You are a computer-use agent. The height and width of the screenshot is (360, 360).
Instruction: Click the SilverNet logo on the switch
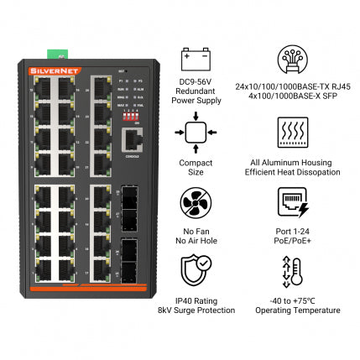click(x=48, y=71)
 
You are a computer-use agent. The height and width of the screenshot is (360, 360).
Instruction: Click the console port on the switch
click(x=131, y=140)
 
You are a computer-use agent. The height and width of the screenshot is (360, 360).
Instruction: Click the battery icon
click(x=196, y=60)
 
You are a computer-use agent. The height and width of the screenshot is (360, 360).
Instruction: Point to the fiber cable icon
click(x=292, y=60)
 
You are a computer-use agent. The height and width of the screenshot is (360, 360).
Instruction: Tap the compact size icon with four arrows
click(x=196, y=132)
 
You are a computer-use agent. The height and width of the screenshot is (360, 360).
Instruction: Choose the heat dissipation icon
click(x=292, y=132)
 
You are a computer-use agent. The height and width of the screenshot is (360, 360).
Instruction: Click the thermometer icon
click(x=292, y=273)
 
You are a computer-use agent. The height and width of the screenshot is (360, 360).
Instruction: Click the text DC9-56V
click(x=196, y=81)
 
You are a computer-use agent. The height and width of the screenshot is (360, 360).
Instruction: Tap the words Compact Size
click(x=196, y=167)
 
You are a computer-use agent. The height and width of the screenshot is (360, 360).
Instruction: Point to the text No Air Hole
click(x=196, y=241)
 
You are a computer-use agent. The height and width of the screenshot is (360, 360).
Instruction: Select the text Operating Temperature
click(x=292, y=310)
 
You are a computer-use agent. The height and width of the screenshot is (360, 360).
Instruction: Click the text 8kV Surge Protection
click(x=196, y=310)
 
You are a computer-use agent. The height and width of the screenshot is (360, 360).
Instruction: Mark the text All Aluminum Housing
click(x=292, y=162)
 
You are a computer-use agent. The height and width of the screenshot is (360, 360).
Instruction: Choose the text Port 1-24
click(x=292, y=231)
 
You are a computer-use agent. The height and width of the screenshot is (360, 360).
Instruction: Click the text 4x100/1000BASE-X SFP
click(x=292, y=96)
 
